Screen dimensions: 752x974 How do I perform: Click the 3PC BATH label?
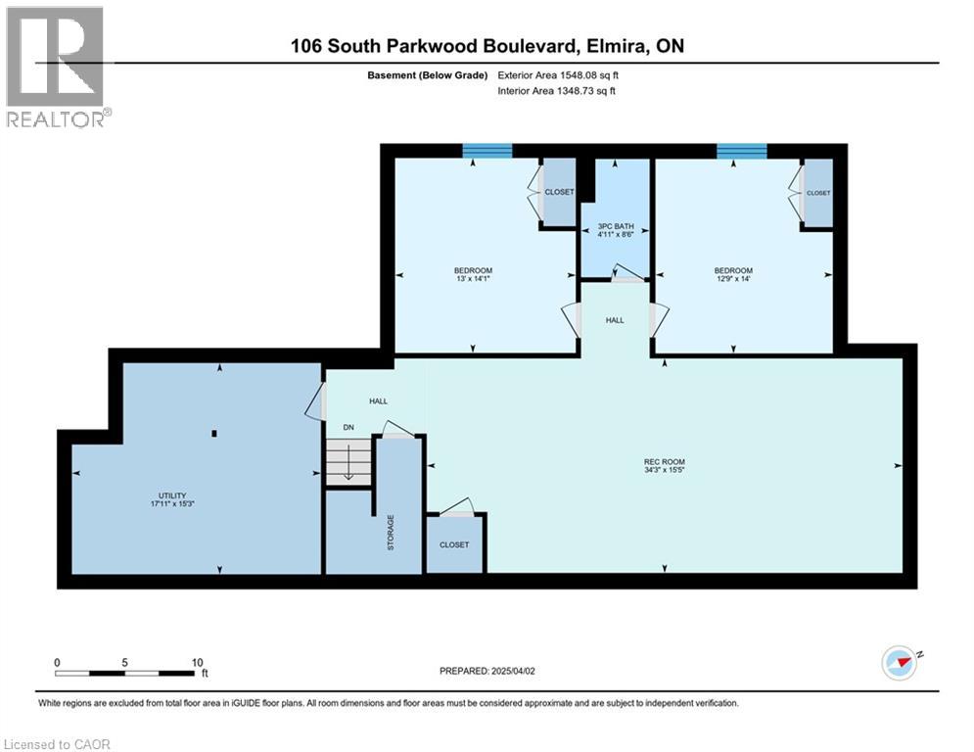[616, 226]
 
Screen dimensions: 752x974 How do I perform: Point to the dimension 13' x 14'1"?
[473, 279]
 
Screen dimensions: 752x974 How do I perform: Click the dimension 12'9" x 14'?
[733, 279]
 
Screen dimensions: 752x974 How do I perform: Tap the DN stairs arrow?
[348, 461]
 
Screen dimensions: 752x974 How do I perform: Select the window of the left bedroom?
[487, 151]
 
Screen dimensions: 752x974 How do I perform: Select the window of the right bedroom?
[741, 151]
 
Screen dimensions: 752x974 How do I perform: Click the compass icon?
[901, 663]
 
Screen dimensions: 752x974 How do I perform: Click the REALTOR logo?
[55, 67]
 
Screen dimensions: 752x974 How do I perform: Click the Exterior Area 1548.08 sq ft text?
[557, 74]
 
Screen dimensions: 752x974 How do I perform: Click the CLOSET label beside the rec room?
[453, 544]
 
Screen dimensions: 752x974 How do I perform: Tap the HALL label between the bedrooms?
[614, 320]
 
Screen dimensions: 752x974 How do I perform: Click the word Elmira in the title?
[626, 46]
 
